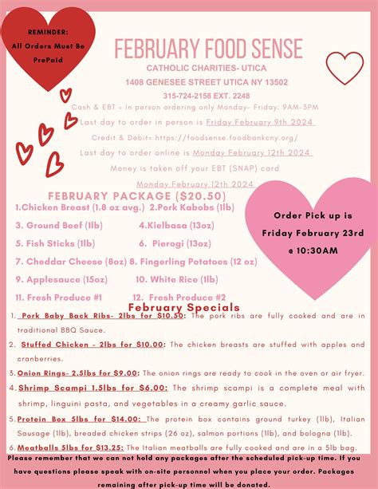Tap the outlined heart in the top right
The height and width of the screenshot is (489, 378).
345,67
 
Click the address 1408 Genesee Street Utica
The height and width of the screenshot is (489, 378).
206,82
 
